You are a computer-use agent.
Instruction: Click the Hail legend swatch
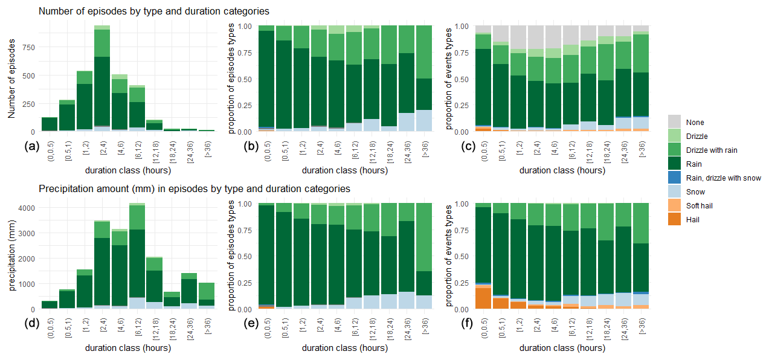676,220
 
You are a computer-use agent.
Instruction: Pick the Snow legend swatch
676,192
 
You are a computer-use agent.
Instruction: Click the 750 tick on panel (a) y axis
28,48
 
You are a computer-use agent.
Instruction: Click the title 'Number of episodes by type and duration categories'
154,11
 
